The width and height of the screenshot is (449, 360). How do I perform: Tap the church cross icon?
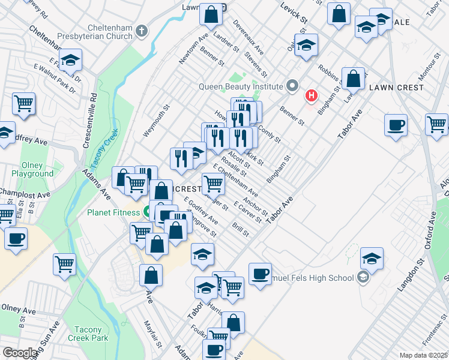[142, 30]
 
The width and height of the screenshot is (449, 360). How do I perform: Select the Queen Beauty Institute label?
[242, 86]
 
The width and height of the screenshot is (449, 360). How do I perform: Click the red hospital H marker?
[311, 95]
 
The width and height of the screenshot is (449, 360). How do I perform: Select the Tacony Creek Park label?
[92, 334]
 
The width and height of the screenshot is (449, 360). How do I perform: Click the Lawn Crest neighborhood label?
[396, 88]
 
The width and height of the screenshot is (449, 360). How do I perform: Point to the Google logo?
[20, 353]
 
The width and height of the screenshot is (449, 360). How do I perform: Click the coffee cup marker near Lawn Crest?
[396, 125]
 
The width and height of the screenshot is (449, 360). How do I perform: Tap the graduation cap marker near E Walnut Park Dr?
[70, 61]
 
